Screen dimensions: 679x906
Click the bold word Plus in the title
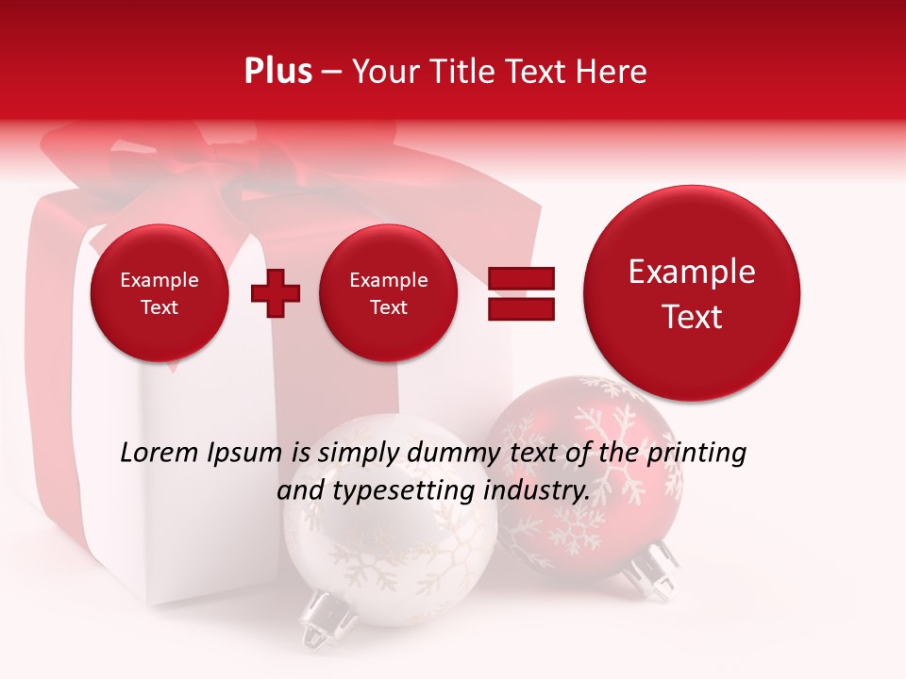pyautogui.click(x=277, y=71)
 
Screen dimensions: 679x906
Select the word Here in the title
pyautogui.click(x=612, y=71)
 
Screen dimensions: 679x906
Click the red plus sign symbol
pyautogui.click(x=276, y=293)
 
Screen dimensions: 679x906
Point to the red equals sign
pyautogui.click(x=520, y=293)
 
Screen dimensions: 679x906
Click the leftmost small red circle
pyautogui.click(x=159, y=293)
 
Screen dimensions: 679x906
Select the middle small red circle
pyautogui.click(x=388, y=293)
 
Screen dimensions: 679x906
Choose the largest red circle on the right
pyautogui.click(x=692, y=293)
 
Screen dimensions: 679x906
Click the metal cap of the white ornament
pyautogui.click(x=325, y=618)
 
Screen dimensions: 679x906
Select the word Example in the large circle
pyautogui.click(x=692, y=273)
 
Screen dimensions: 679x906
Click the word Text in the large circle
pyautogui.click(x=692, y=317)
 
